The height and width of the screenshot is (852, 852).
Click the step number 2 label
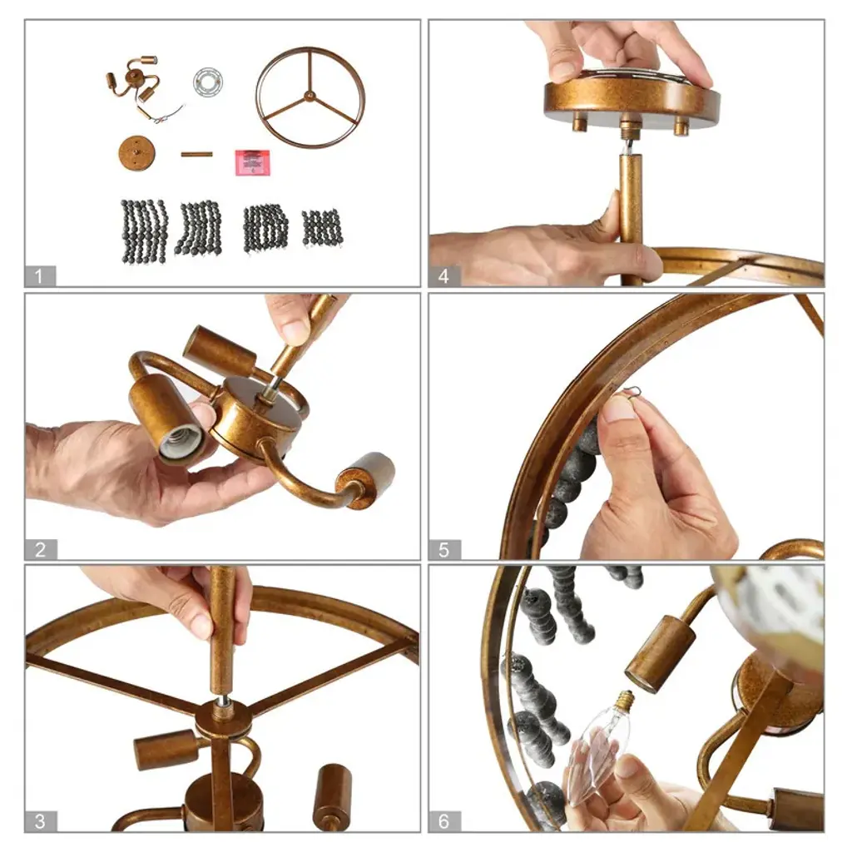(x=40, y=549)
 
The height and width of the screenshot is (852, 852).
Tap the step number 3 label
(x=40, y=821)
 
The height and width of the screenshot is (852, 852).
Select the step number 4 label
(x=444, y=276)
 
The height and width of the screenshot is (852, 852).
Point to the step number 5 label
(x=444, y=549)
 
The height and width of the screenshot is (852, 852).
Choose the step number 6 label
(x=444, y=821)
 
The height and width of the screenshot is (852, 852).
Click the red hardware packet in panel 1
(x=252, y=162)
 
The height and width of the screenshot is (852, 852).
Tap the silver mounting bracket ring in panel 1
(x=208, y=82)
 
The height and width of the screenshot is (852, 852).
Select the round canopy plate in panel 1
(x=137, y=153)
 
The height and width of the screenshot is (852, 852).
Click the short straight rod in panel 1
(x=196, y=154)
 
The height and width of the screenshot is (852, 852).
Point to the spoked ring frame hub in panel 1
(x=310, y=97)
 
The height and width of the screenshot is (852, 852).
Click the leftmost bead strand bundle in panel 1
(x=144, y=231)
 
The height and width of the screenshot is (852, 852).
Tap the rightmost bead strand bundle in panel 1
(x=323, y=228)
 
